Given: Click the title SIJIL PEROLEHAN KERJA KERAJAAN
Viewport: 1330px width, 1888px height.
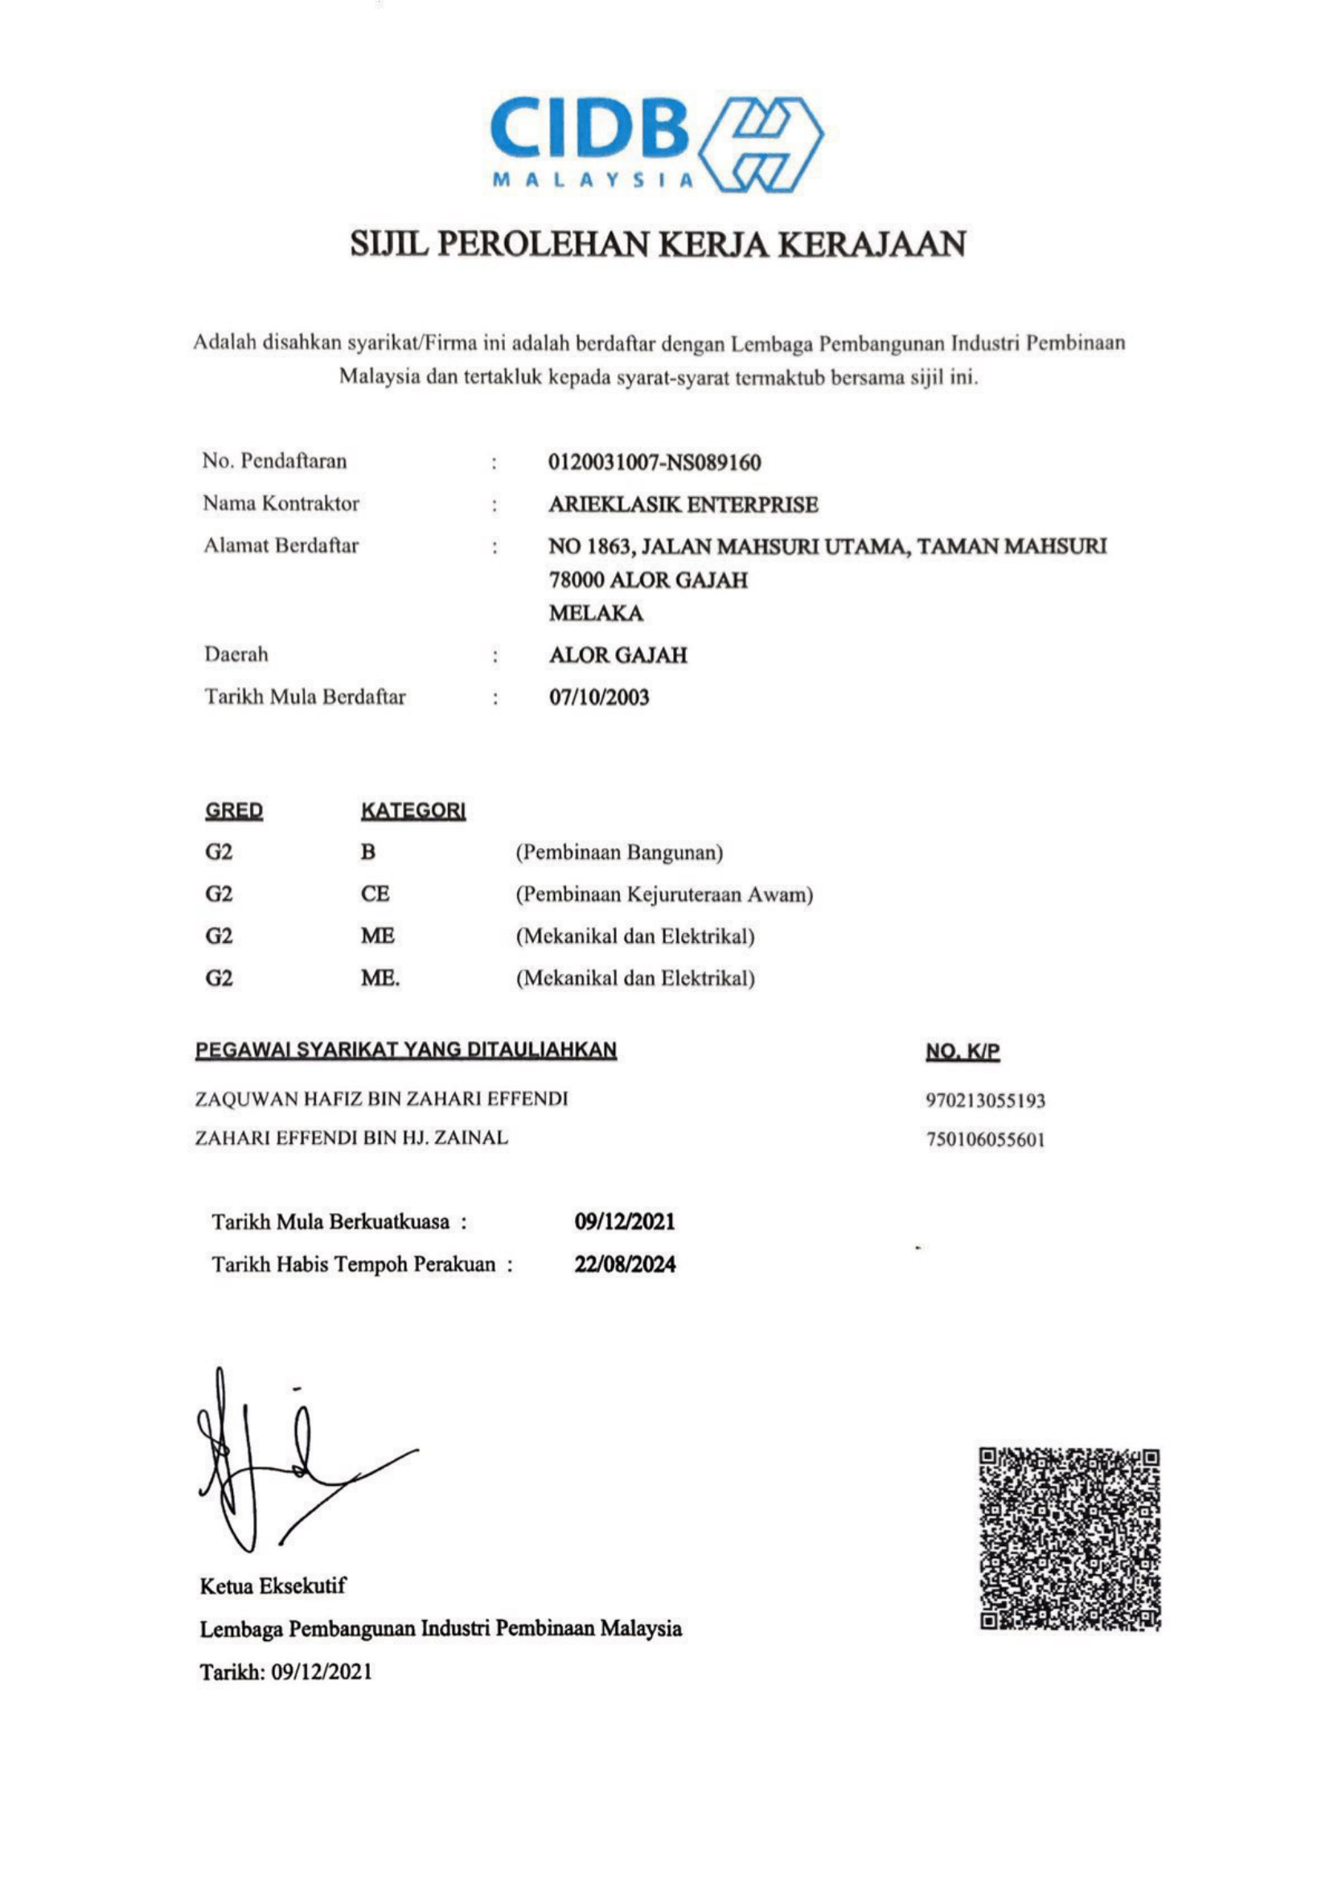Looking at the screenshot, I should point(658,245).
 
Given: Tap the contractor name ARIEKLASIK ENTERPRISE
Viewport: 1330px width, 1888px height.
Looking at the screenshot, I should point(683,504).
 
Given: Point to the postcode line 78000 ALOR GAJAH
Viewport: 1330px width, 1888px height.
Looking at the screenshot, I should point(648,580).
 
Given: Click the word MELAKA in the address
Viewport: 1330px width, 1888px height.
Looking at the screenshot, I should point(596,614).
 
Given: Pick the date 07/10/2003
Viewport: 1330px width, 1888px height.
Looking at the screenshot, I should point(599,697).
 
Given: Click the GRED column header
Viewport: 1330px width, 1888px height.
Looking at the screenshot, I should point(234,811).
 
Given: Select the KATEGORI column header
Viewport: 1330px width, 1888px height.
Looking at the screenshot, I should point(413,811).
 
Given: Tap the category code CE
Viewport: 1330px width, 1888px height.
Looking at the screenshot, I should point(375,894).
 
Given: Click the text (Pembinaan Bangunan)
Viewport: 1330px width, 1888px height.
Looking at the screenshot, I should point(619,853).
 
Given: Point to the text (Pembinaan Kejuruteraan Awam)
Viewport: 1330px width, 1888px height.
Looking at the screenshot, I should point(664,895).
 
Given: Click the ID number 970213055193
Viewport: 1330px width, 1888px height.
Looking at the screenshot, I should point(986,1100).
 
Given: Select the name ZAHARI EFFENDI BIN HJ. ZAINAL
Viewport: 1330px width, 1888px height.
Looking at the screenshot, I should point(352,1138).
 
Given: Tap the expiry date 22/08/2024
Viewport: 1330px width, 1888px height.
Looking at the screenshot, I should point(625,1264).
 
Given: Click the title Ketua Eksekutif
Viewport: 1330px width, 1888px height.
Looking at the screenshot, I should point(273,1586).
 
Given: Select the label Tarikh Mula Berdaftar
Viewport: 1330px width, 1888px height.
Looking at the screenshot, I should point(305,697).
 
